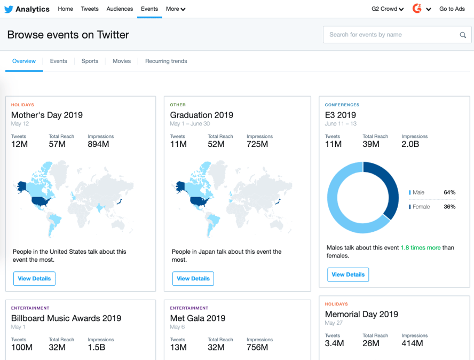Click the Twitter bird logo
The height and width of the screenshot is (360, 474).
pos(9,9)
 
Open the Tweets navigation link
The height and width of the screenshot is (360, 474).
pos(90,9)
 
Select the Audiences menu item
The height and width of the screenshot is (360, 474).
pos(120,9)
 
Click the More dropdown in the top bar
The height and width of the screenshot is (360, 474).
pos(175,9)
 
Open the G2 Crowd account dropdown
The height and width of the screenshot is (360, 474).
pos(388,9)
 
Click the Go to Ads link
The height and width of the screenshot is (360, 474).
pos(452,9)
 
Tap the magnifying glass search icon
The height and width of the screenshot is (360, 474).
pos(463,35)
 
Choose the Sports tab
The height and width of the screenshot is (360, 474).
pos(90,61)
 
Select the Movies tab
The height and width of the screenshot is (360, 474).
pos(122,61)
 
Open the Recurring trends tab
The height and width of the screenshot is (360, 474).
pos(166,61)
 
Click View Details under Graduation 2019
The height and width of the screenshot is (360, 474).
pos(193,279)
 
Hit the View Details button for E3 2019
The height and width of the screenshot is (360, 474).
pos(348,275)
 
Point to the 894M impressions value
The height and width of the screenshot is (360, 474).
pos(98,145)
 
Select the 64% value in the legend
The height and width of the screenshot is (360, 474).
pos(449,192)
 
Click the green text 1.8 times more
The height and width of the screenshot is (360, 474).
pos(421,248)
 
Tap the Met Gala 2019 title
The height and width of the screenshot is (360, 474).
pos(197,318)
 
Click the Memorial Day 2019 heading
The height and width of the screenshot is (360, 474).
pos(361,314)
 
